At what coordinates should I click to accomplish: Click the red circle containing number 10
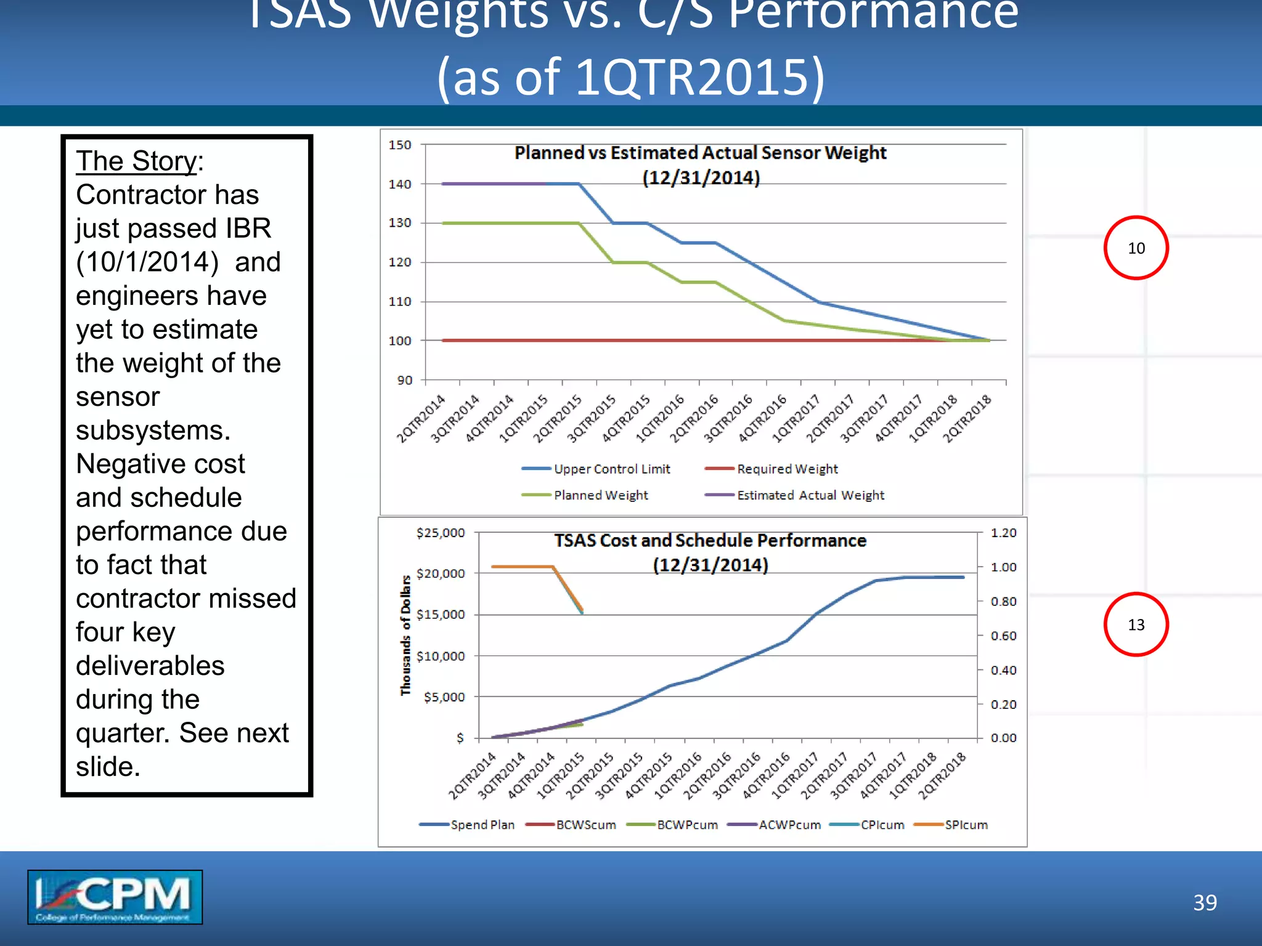tap(1136, 248)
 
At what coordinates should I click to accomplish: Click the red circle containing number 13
tap(1136, 625)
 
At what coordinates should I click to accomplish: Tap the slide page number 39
tap(1205, 902)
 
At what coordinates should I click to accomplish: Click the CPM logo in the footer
tap(115, 897)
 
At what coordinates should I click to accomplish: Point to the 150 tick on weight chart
tap(400, 145)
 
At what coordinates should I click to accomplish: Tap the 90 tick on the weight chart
tap(404, 380)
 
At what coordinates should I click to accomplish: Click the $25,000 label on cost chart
tap(441, 533)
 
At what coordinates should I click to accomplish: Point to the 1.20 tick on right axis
tap(1003, 533)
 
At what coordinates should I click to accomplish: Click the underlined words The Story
tap(136, 161)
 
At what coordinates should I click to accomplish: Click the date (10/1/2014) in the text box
tap(147, 262)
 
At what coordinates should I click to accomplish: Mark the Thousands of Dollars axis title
tap(405, 635)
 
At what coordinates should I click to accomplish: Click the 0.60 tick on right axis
tap(1003, 636)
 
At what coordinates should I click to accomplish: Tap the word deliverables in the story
tap(150, 666)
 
